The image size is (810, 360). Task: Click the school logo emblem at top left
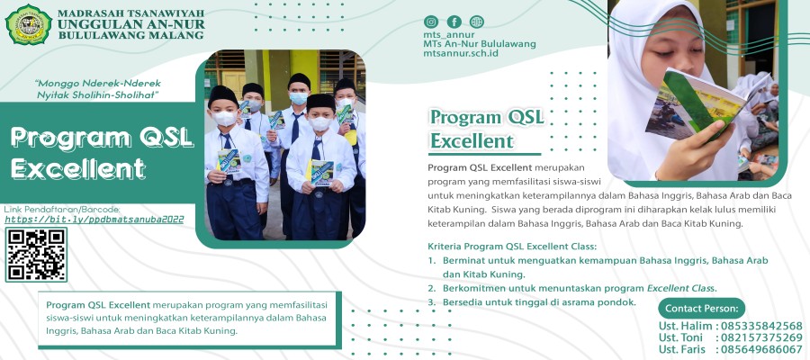tap(28, 24)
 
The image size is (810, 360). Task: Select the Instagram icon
tap(432, 22)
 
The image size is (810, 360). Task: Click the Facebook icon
tap(454, 22)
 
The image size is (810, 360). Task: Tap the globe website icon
tap(476, 22)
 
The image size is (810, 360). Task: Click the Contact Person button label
tap(701, 308)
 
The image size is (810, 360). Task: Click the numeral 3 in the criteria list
tap(432, 302)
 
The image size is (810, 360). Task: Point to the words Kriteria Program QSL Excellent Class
tap(512, 247)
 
